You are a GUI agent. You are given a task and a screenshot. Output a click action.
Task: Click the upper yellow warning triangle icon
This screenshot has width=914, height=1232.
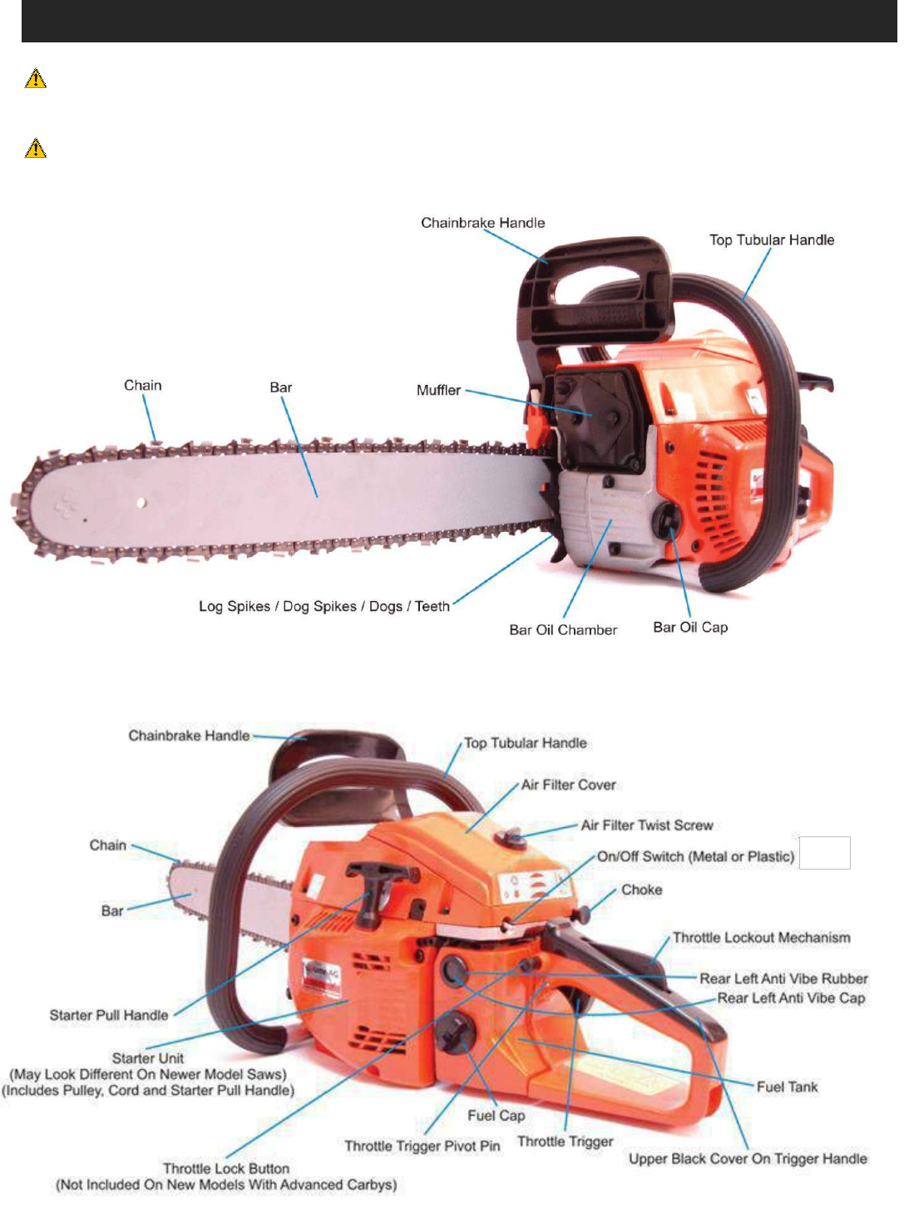coord(36,79)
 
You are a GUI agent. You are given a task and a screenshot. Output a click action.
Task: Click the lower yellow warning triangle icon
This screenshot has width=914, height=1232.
coord(36,149)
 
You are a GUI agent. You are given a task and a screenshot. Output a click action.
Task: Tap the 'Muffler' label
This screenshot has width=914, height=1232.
coord(438,390)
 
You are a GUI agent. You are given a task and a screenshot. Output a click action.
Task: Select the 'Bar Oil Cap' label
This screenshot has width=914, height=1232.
coord(690,627)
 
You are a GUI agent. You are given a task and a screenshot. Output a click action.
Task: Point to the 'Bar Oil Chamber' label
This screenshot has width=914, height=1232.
coord(563,630)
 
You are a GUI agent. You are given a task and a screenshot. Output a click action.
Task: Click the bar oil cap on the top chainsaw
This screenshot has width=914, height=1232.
coord(667,520)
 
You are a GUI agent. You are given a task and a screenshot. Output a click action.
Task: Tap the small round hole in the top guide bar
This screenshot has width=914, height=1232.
coord(142,502)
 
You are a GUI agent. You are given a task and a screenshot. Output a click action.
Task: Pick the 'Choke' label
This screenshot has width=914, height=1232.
coord(641,890)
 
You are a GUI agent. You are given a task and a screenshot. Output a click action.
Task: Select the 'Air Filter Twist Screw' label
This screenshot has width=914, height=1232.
coord(647,825)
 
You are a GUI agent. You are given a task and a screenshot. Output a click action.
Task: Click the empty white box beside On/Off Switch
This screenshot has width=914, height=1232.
coord(824,853)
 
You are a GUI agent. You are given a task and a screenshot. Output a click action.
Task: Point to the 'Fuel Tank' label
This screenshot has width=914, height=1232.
coord(787,1087)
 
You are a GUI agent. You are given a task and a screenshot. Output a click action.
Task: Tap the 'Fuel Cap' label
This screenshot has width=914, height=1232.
coord(496,1116)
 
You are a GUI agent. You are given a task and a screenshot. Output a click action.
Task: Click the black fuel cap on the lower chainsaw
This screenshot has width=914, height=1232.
coord(457,1033)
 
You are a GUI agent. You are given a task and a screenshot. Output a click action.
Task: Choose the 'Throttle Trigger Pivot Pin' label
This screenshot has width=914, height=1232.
coord(422,1146)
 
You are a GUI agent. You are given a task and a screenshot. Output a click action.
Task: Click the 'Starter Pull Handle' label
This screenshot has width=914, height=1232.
coord(109,1015)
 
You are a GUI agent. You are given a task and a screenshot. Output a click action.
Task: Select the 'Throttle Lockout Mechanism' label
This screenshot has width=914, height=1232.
coord(761,938)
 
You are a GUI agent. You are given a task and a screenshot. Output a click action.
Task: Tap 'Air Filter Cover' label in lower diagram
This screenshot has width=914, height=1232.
coord(569,785)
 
